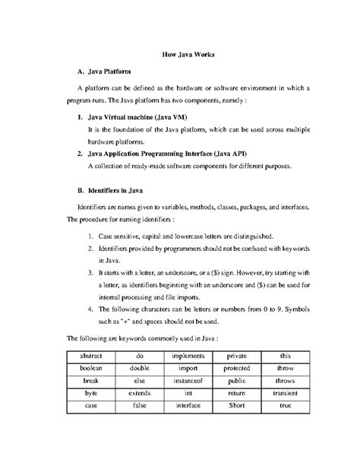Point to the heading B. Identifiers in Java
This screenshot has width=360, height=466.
coord(109,189)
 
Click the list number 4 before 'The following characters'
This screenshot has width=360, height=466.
coord(90,309)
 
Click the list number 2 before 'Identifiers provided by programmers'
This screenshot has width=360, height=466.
coord(90,249)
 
